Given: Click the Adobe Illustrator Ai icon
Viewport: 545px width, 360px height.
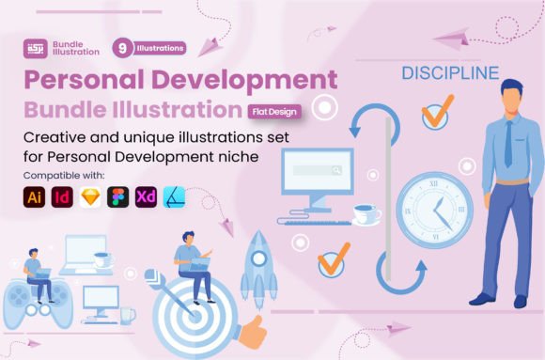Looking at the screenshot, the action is [34, 197].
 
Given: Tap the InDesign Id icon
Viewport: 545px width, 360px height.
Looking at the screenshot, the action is [62, 197].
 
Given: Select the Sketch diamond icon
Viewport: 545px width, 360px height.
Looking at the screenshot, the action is [90, 197].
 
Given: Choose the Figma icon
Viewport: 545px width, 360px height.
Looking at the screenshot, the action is [118, 197].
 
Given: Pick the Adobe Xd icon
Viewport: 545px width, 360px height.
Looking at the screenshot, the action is [146, 197].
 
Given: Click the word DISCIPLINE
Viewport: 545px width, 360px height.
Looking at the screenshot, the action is [450, 73].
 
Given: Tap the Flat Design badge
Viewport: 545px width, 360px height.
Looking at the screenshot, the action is [274, 112].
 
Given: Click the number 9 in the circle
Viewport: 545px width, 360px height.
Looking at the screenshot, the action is [122, 48].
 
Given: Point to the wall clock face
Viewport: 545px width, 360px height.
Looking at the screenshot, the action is [435, 211].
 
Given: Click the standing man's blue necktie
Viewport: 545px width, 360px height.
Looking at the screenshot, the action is [508, 144].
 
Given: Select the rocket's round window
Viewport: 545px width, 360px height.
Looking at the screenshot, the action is [258, 258].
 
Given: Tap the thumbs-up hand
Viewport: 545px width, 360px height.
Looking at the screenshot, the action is [253, 332].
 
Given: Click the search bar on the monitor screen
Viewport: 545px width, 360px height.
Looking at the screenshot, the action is [318, 170].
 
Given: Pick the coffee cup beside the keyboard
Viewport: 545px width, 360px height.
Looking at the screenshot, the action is [366, 214].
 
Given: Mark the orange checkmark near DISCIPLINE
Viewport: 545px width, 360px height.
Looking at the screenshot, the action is [438, 111].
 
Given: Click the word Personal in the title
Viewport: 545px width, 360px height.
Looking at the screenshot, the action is [84, 79].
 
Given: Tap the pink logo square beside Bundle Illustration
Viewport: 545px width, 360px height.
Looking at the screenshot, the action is [36, 48].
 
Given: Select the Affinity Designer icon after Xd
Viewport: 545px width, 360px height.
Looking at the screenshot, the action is [174, 197].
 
